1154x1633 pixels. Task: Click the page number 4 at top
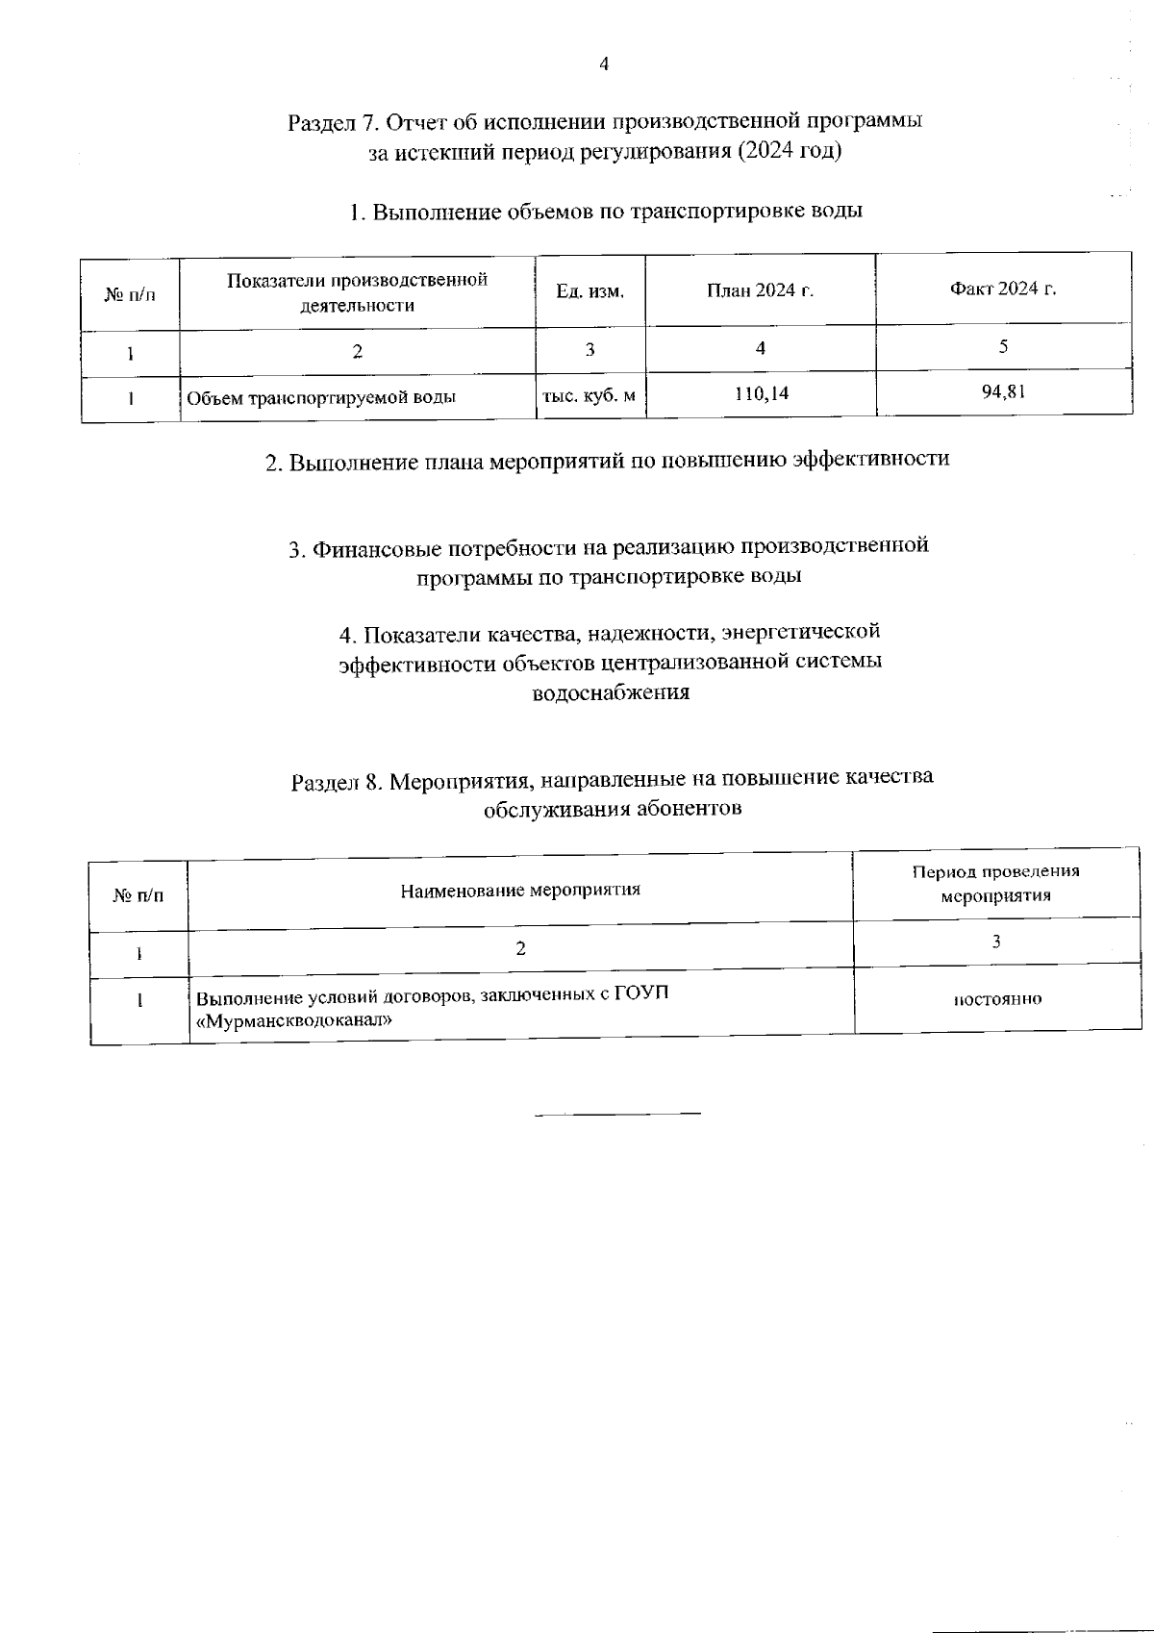[604, 65]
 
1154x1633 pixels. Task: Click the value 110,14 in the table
[761, 393]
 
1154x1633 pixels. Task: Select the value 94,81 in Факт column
[1003, 390]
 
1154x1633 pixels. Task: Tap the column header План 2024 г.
[760, 290]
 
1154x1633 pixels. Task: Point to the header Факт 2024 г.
[1003, 289]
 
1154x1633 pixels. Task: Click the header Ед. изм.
[590, 291]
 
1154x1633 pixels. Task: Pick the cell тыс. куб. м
[589, 395]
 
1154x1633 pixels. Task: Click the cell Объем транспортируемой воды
[320, 397]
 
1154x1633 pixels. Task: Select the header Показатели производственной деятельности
[357, 292]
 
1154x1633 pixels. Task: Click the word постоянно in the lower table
[997, 999]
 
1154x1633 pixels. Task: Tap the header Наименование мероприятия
[520, 890]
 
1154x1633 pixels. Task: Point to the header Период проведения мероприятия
[995, 883]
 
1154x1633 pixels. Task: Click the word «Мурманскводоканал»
[293, 1020]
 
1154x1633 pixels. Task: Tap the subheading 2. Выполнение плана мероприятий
[607, 460]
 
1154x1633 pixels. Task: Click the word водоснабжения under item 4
[611, 692]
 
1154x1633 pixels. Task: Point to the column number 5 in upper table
[1002, 346]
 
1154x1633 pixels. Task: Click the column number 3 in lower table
[996, 942]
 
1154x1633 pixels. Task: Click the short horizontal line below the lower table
[617, 1114]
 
